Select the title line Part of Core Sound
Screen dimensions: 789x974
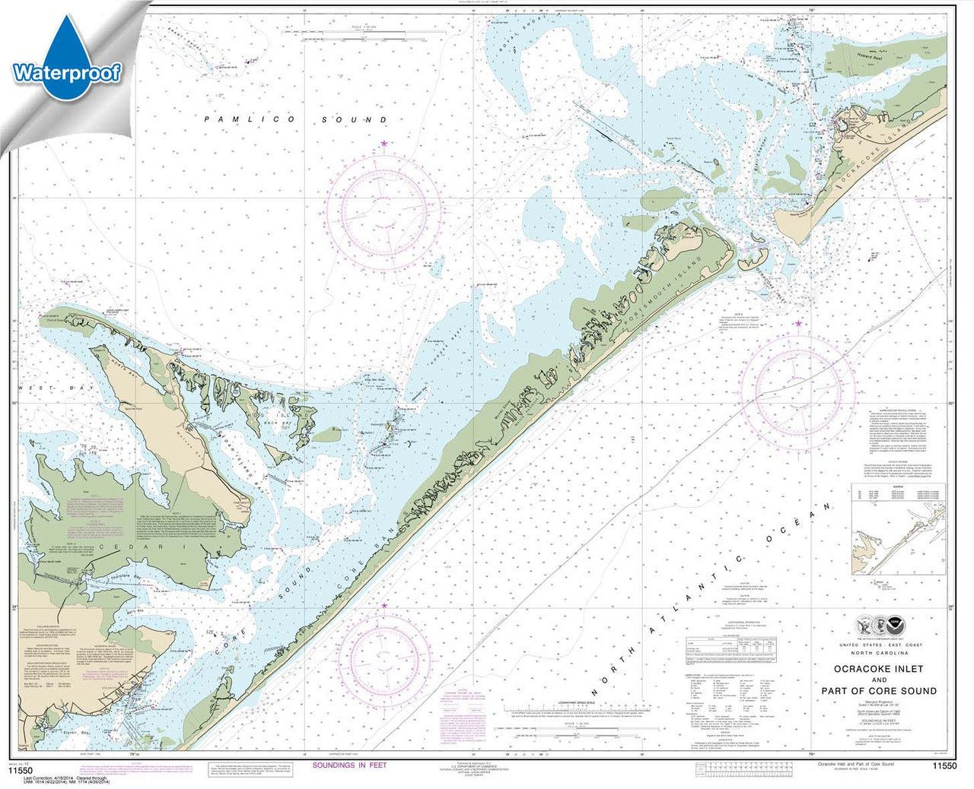click(878, 691)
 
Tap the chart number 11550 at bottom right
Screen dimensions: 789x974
click(944, 766)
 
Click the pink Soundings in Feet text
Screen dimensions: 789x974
click(349, 765)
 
